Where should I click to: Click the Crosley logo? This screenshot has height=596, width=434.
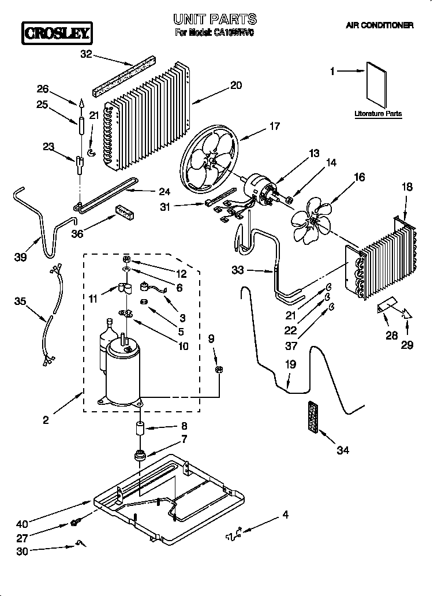coord(56,33)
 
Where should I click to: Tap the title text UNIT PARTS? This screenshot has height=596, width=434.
coord(215,20)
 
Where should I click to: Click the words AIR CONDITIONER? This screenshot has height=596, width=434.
coord(379,25)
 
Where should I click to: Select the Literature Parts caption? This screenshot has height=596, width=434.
coord(378,114)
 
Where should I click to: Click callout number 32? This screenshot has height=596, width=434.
coord(86,55)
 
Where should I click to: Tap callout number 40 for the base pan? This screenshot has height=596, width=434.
coord(22,524)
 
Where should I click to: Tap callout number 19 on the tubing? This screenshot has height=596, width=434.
coord(290,365)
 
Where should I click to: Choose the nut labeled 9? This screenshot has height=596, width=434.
coord(219,369)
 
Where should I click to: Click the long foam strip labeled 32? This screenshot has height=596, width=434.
coord(126,74)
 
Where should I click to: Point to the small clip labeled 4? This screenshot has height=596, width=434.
coord(234,535)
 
